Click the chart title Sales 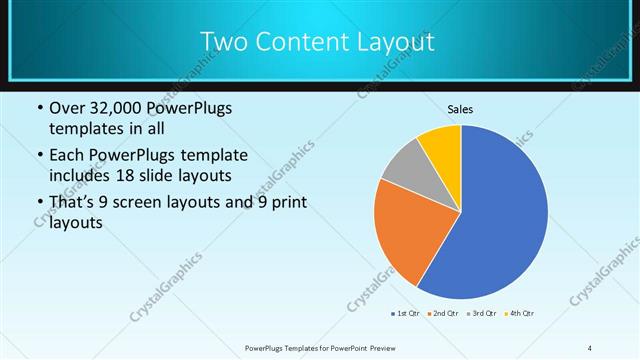(460, 109)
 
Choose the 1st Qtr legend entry (408, 314)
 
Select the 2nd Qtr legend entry (445, 314)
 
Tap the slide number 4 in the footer (590, 347)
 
